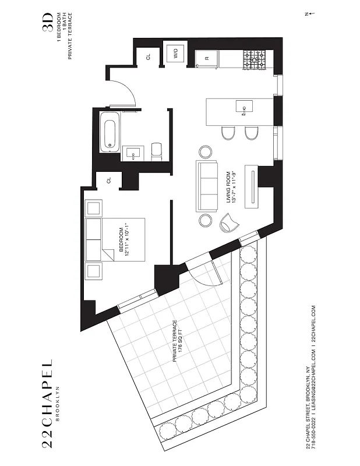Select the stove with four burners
pos(255,59)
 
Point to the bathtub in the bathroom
pos(110,131)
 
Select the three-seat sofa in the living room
pos(207,186)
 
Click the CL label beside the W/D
pos(149,57)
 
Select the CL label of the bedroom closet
pos(109,181)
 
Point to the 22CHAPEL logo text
pos(48,403)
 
